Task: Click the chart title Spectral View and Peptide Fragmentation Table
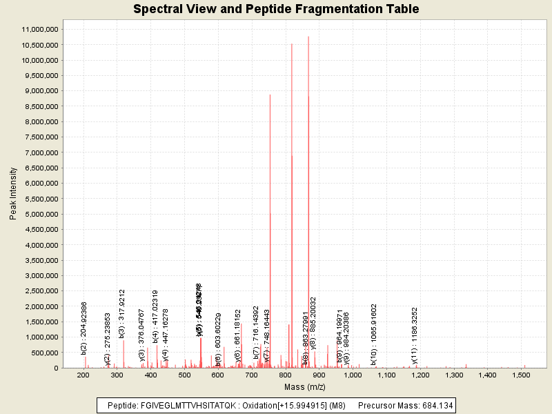(x=276, y=9)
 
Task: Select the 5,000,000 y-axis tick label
(x=41, y=214)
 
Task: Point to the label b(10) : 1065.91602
(x=373, y=334)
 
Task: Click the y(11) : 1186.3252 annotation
(x=415, y=335)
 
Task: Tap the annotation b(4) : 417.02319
(x=156, y=316)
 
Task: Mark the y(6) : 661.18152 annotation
(x=238, y=336)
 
